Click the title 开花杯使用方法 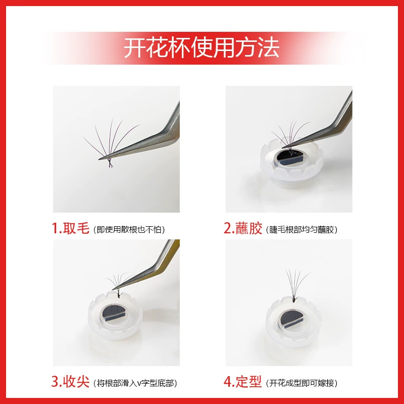point(201,47)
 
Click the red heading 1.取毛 point(70,228)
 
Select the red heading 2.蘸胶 point(243,228)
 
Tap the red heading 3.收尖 point(70,382)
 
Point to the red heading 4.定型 point(243,382)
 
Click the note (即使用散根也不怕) point(129,230)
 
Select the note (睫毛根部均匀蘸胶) point(301,230)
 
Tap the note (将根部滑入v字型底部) point(135,383)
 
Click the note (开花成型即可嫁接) point(301,383)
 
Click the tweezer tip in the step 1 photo point(99,159)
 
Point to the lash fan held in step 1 point(111,142)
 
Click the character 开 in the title point(135,47)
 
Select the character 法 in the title point(269,47)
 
